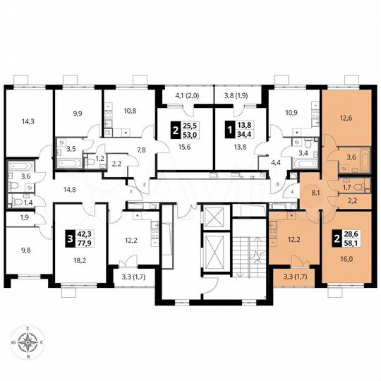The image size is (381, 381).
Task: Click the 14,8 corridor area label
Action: pos(70,188)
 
